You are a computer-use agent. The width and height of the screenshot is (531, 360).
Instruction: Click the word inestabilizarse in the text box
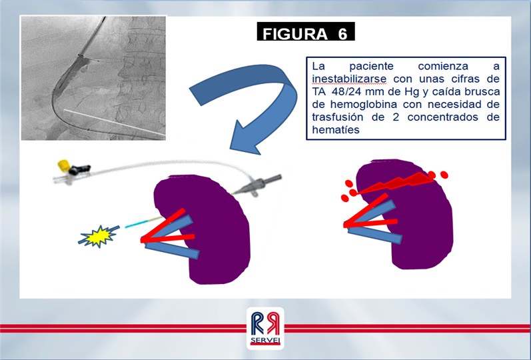pyautogui.click(x=349, y=79)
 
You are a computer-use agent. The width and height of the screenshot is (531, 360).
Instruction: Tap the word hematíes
pyautogui.click(x=336, y=129)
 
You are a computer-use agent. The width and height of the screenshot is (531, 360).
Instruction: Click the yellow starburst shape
pyautogui.click(x=99, y=236)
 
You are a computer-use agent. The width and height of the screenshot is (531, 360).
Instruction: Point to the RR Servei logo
pyautogui.click(x=265, y=328)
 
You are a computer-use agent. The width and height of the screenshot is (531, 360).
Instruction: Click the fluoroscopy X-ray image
pyautogui.click(x=93, y=78)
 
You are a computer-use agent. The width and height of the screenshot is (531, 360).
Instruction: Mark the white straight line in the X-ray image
pyautogui.click(x=115, y=123)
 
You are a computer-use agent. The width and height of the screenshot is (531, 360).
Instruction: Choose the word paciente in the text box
pyautogui.click(x=371, y=66)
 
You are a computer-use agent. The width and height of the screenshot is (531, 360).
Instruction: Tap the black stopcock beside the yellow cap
pyautogui.click(x=79, y=169)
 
